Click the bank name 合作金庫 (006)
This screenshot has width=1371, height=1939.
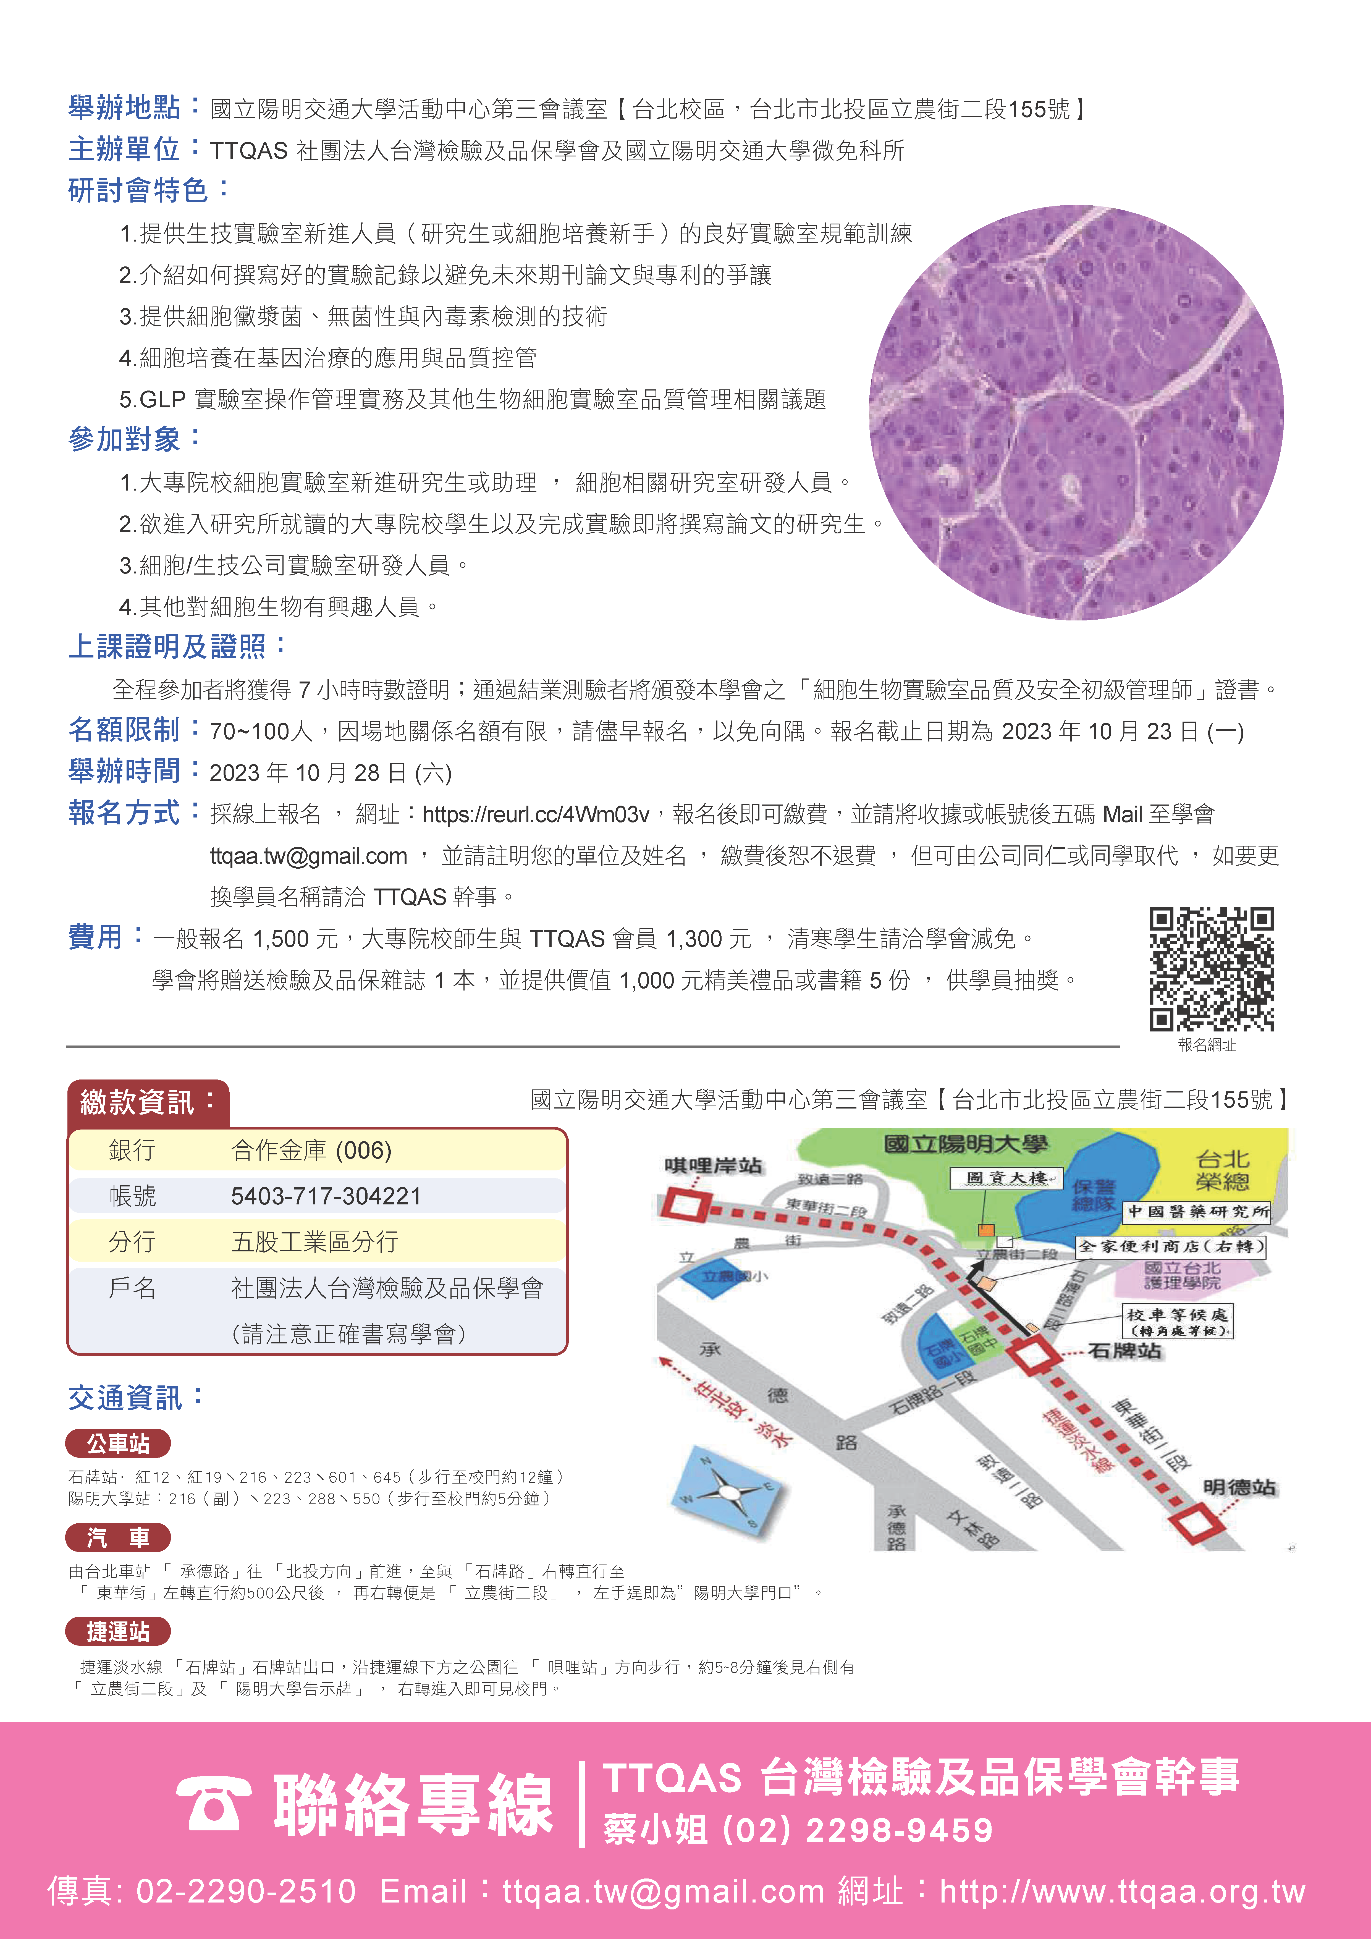coord(311,1150)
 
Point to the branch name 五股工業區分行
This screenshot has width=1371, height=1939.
coord(314,1241)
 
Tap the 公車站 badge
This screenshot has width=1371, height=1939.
coord(118,1443)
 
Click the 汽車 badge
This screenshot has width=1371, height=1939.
coord(118,1537)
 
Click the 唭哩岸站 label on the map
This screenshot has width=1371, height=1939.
coord(714,1165)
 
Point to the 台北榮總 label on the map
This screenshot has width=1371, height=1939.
coord(1222,1170)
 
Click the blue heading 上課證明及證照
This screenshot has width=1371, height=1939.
coord(167,647)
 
